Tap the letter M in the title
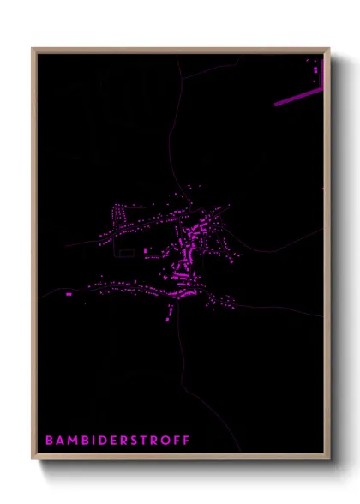(72, 441)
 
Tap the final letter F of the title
(186, 441)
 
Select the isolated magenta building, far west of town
(69, 294)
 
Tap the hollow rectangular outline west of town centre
(126, 253)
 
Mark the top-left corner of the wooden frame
(33, 49)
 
